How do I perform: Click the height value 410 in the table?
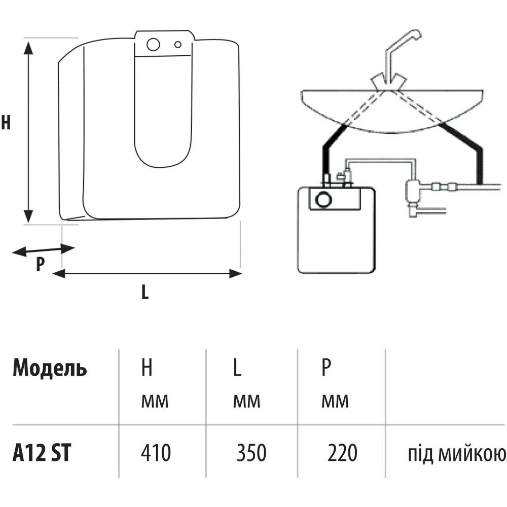tap(156, 453)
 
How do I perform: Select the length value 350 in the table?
tap(251, 453)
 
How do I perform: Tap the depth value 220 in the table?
tap(342, 453)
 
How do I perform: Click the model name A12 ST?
tap(41, 453)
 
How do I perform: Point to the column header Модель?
tap(50, 369)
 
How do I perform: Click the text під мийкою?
tap(457, 454)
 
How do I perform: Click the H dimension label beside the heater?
tap(6, 123)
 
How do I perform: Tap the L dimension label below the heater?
tap(145, 292)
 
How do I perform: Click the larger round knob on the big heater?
tap(153, 45)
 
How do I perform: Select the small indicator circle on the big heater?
tap(177, 45)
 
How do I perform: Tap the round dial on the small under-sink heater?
tap(322, 200)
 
